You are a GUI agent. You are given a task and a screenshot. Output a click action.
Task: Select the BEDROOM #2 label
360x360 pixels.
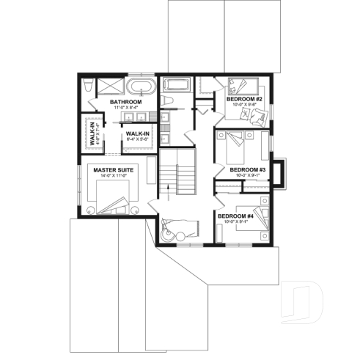246,98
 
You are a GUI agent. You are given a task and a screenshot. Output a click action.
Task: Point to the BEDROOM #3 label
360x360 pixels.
246,169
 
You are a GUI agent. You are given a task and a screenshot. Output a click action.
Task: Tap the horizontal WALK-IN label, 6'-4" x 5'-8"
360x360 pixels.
138,133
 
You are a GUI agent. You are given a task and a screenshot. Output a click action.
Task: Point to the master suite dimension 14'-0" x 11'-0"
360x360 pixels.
112,176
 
